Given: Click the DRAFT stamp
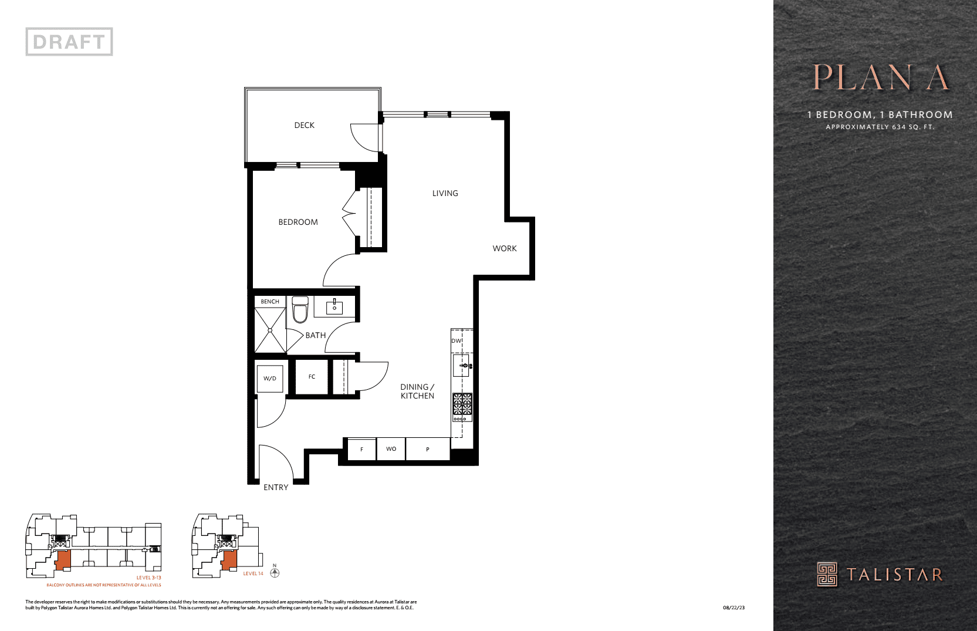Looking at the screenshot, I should (69, 42).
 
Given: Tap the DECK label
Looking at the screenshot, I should (304, 125).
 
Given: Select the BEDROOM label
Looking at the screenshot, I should (298, 222).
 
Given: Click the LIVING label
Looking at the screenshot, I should (445, 193).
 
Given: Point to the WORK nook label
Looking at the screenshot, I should (505, 248).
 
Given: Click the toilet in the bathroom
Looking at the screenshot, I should (300, 310).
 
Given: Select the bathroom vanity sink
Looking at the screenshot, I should (334, 307).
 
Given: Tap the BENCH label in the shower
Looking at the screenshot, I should (270, 302).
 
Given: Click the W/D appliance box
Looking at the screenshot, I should (270, 379).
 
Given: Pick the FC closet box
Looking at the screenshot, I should (312, 377).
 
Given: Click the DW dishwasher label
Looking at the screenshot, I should (457, 341).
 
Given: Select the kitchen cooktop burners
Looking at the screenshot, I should (462, 404).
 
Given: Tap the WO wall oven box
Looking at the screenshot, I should (391, 449).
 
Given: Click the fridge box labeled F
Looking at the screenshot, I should (361, 450).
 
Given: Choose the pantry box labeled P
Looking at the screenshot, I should (428, 450).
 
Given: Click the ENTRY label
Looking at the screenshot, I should (276, 487).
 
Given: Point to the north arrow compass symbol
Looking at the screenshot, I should (275, 572).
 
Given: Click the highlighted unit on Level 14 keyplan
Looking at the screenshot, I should (229, 559).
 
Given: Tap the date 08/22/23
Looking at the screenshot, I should (733, 608).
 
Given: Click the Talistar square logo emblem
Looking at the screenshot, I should (827, 574).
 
